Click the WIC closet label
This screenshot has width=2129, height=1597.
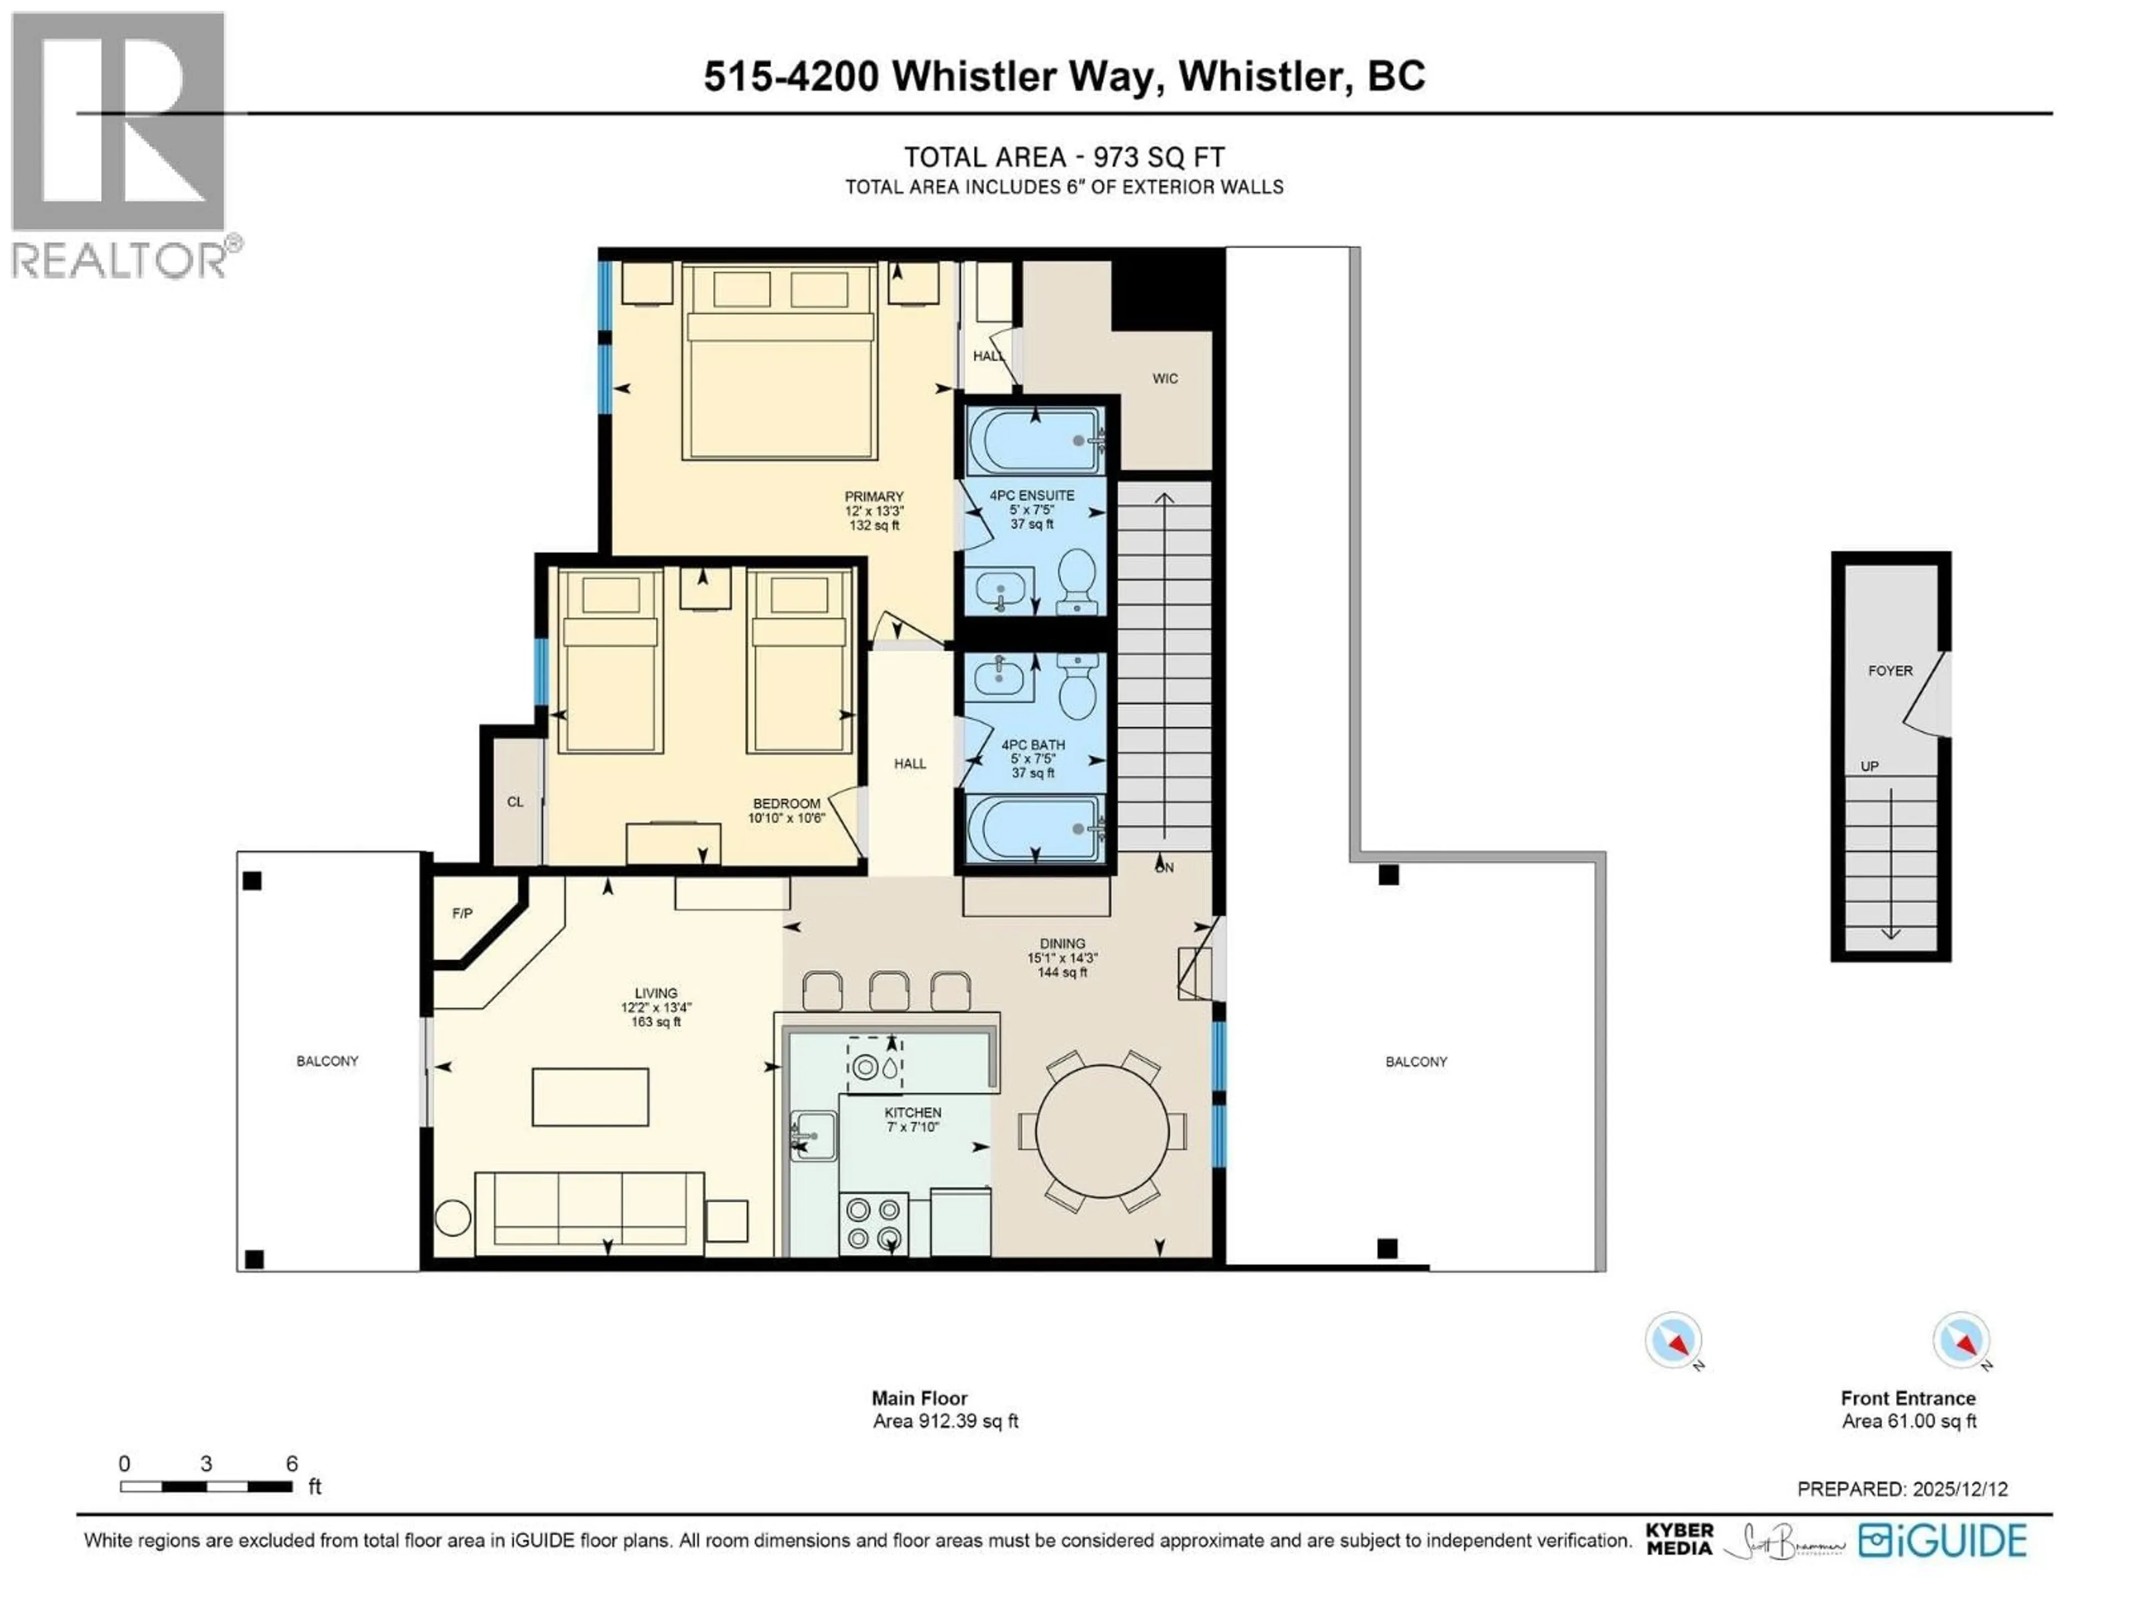(x=1165, y=378)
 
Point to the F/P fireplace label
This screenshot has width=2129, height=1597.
(x=462, y=913)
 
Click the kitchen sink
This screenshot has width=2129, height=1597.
(x=813, y=1136)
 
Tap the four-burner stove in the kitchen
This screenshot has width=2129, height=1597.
(x=873, y=1223)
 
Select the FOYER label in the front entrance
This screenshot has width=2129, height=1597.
(x=1889, y=671)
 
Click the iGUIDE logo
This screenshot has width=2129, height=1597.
(x=1942, y=1540)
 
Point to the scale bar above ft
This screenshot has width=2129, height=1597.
(x=206, y=1486)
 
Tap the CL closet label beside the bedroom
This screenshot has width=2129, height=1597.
(x=515, y=802)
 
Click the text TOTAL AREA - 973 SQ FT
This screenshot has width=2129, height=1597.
(x=1063, y=157)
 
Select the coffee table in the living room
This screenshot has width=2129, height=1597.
(x=590, y=1096)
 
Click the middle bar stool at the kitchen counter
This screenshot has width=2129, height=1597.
(x=888, y=990)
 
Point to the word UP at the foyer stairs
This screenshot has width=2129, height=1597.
(x=1869, y=766)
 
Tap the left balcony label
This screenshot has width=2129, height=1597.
(x=327, y=1061)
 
